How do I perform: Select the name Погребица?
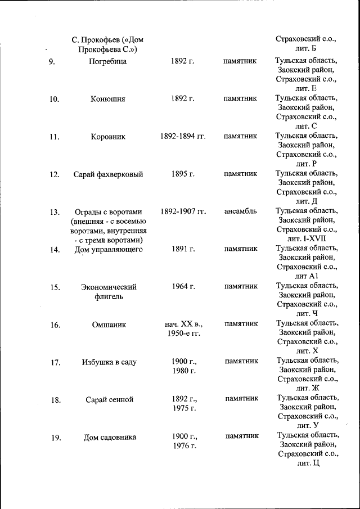108,61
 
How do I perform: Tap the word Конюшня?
108,99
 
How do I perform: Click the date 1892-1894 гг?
183,137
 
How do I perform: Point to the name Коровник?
108,137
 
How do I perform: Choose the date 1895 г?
183,174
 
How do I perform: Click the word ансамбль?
240,212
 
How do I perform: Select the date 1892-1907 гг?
183,212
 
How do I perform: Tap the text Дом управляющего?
109,250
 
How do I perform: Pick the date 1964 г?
183,287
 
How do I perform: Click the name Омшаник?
109,325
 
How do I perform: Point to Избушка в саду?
109,362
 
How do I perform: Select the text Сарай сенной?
110,400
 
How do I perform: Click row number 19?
56,438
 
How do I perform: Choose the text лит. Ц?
308,463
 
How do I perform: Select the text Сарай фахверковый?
108,174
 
